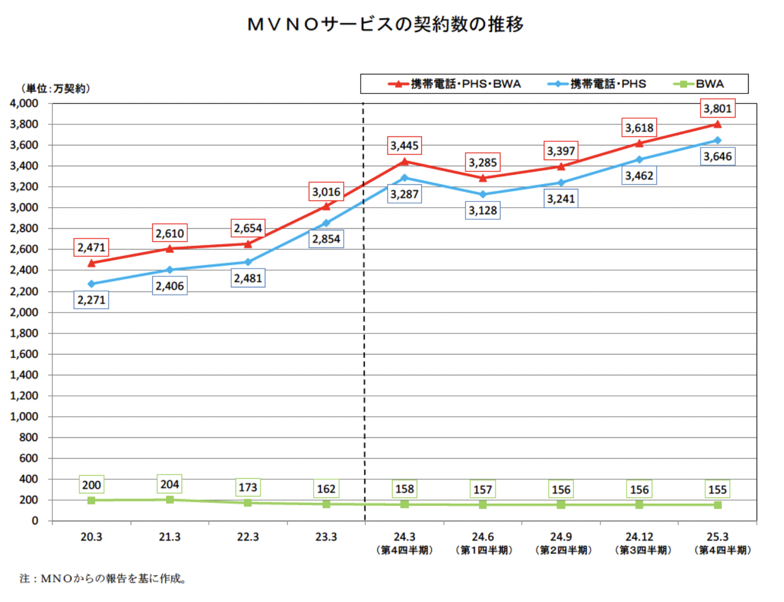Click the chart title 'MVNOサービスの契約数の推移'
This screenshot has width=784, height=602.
coord(385,24)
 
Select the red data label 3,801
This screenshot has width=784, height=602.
coord(717,109)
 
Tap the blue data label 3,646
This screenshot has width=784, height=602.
coord(717,157)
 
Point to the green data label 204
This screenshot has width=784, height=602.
coord(170,484)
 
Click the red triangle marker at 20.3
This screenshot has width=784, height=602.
coord(91,263)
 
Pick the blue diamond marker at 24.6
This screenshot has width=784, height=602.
coord(483,194)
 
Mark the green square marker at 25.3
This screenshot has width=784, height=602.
coord(717,505)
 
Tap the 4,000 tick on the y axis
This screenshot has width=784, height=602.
coord(24,104)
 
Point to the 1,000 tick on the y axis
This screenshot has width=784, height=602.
coord(24,417)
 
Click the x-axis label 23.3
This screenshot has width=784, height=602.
coord(326,537)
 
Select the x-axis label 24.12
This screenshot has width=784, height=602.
coord(639,537)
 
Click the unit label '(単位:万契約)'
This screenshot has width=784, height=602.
coord(55,89)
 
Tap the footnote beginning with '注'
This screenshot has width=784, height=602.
coord(103,579)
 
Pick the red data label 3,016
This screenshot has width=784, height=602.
coord(326,192)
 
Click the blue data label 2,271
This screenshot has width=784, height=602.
coord(91,300)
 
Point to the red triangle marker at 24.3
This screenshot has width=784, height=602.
coord(405,162)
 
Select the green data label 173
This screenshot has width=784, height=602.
coord(248,487)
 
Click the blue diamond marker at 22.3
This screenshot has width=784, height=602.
coord(248,262)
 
